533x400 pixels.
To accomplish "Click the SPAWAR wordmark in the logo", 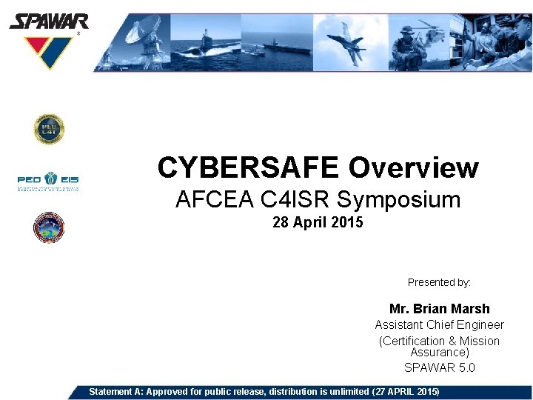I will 48,21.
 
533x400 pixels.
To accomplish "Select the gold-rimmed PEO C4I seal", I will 49,130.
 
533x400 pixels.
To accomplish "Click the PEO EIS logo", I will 49,180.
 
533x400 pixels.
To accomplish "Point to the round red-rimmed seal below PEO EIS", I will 49,227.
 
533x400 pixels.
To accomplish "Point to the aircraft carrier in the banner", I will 285,47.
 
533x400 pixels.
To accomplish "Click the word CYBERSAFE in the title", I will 249,168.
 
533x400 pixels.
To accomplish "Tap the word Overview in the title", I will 413,168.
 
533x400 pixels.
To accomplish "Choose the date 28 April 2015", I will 318,222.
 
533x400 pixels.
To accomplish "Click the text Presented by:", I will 439,282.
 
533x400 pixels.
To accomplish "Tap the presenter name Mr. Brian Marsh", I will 439,309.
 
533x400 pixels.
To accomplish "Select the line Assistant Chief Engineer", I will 439,325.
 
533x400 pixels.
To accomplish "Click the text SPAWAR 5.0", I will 439,367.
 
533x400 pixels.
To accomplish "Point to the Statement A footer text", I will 264,391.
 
